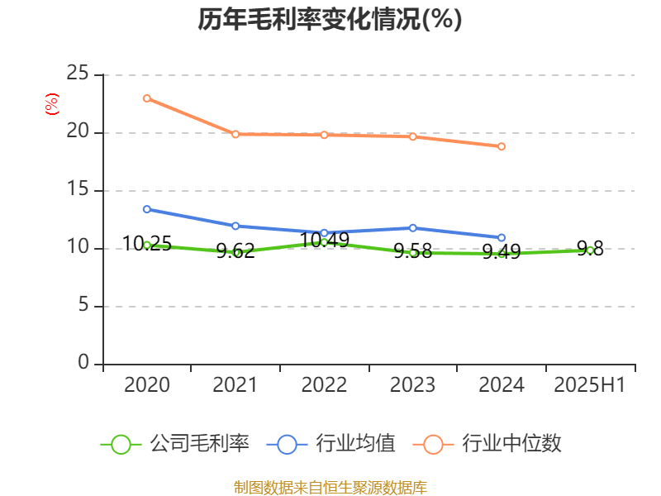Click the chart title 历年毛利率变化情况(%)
pos(330,19)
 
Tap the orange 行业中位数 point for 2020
pos(147,98)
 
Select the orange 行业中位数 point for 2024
pos(502,146)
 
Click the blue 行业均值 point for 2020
pos(147,209)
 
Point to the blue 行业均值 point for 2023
pos(413,227)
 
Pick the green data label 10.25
pos(147,244)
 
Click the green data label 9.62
pos(235,251)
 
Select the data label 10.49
pos(324,241)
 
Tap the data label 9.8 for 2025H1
pos(590,248)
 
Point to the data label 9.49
pos(502,252)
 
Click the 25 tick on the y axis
pos(78,74)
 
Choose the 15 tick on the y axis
pos(78,190)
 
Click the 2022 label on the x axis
pos(324,385)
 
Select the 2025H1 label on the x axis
pos(590,385)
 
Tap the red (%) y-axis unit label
pos(51,103)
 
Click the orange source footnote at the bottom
pos(330,487)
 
